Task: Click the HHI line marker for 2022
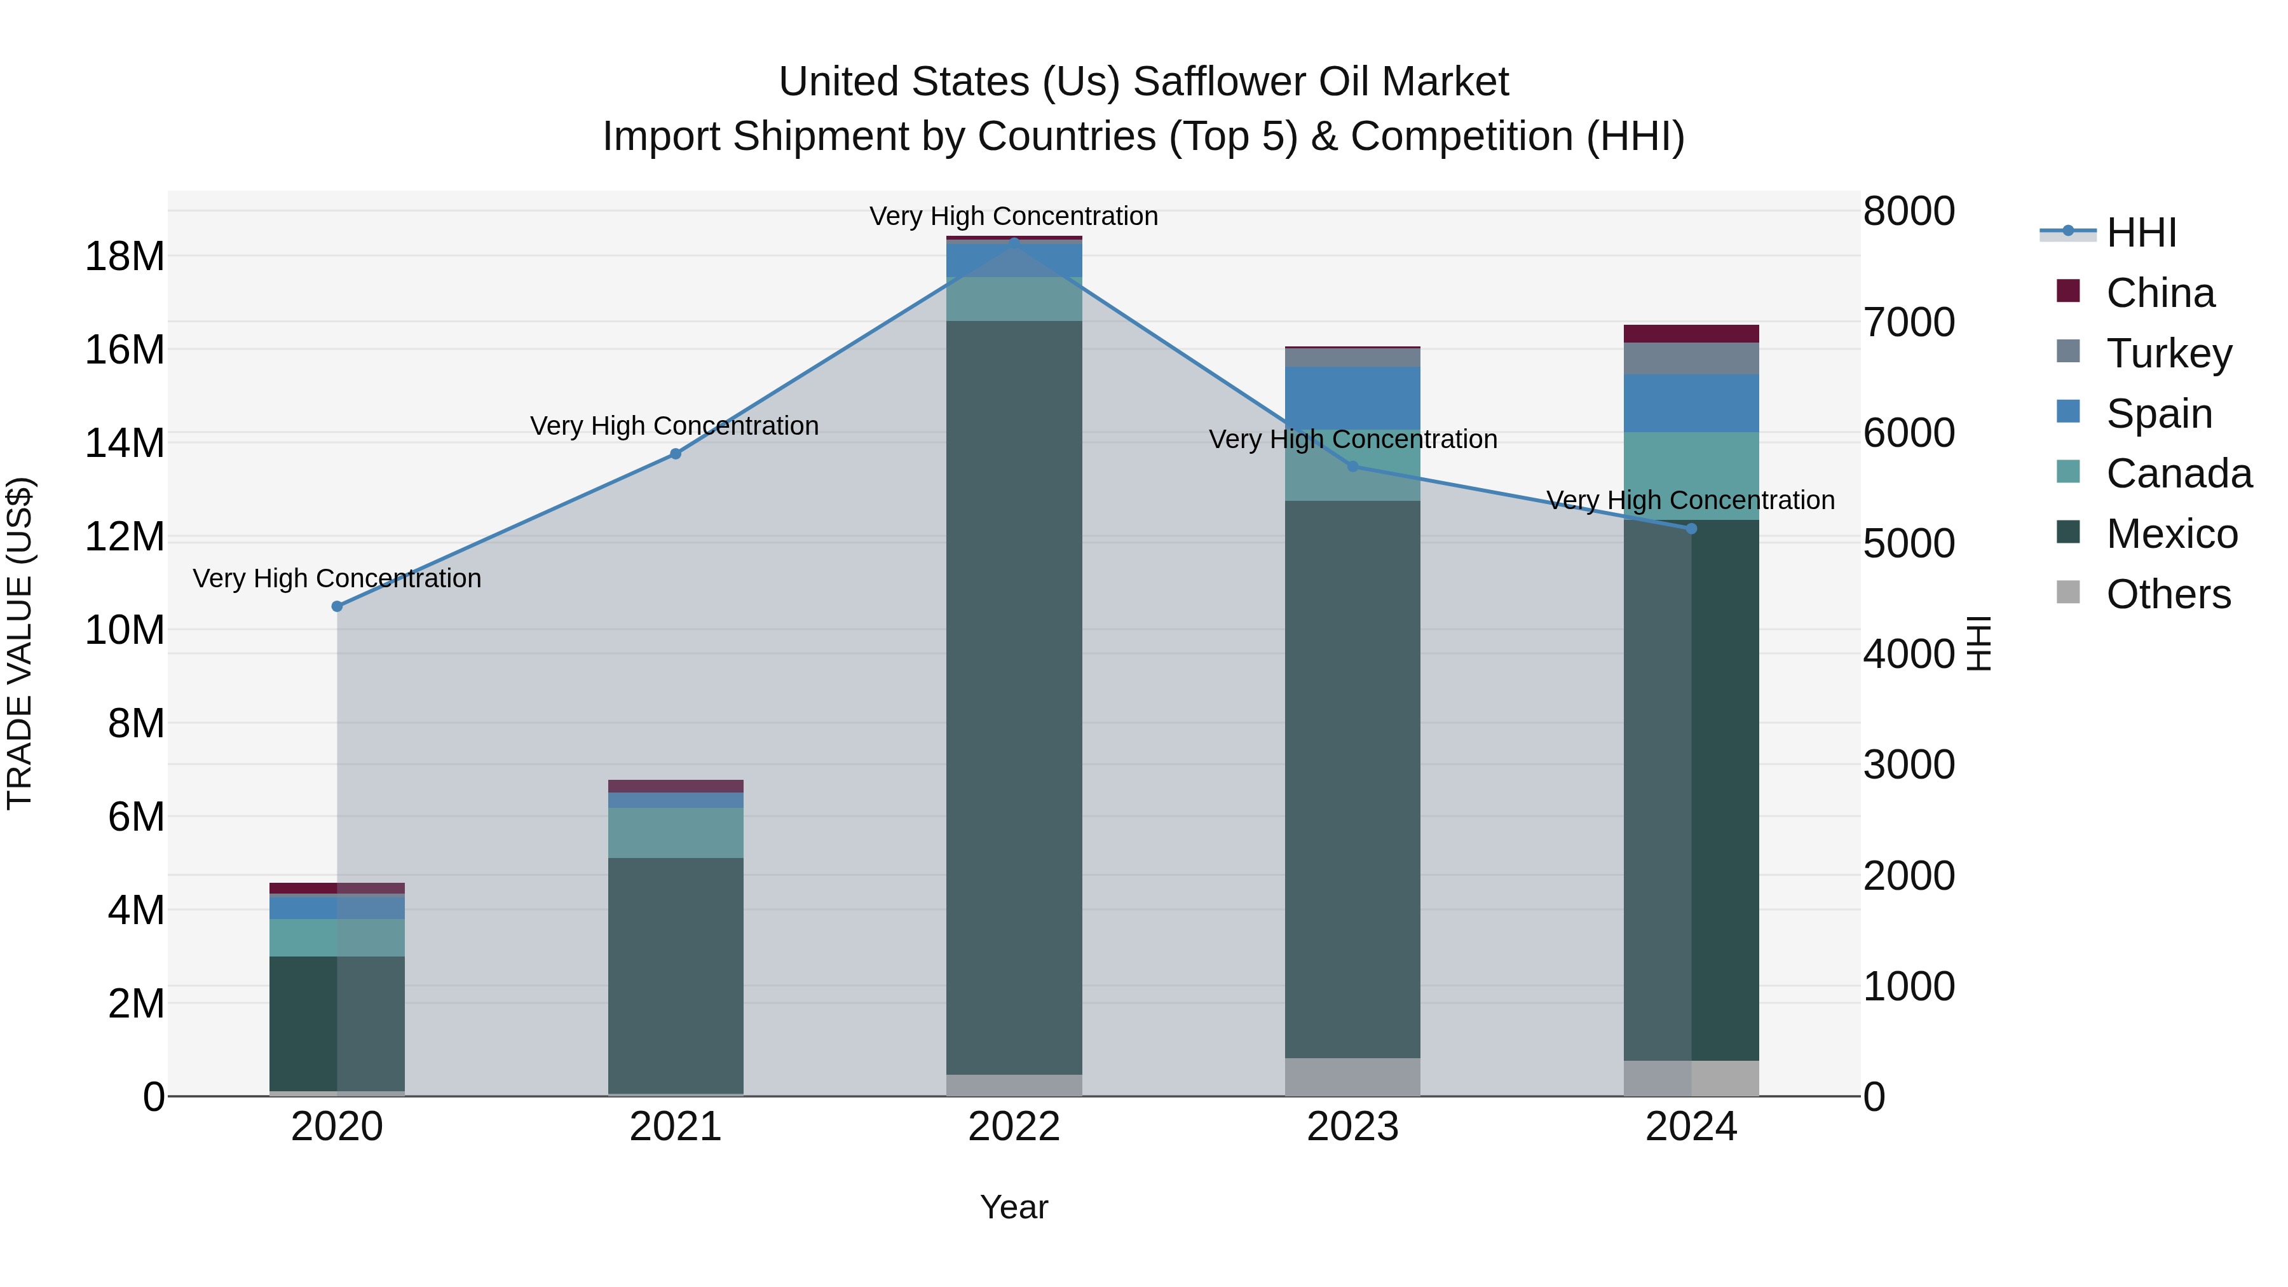tap(1014, 243)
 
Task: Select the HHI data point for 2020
tap(337, 607)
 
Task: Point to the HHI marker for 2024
tap(1691, 529)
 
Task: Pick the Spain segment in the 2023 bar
tap(1352, 397)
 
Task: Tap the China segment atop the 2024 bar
tap(1691, 334)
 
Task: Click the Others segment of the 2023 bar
tap(1352, 1077)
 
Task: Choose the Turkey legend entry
tap(2168, 353)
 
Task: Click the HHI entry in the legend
tap(2141, 233)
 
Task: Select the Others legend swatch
tap(2067, 592)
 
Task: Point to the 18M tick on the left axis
tap(125, 257)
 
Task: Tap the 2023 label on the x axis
tap(1352, 1127)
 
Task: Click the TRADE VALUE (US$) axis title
tap(20, 643)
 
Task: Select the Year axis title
tap(1014, 1207)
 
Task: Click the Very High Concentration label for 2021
tap(674, 426)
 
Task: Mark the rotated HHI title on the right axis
tap(1980, 643)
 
